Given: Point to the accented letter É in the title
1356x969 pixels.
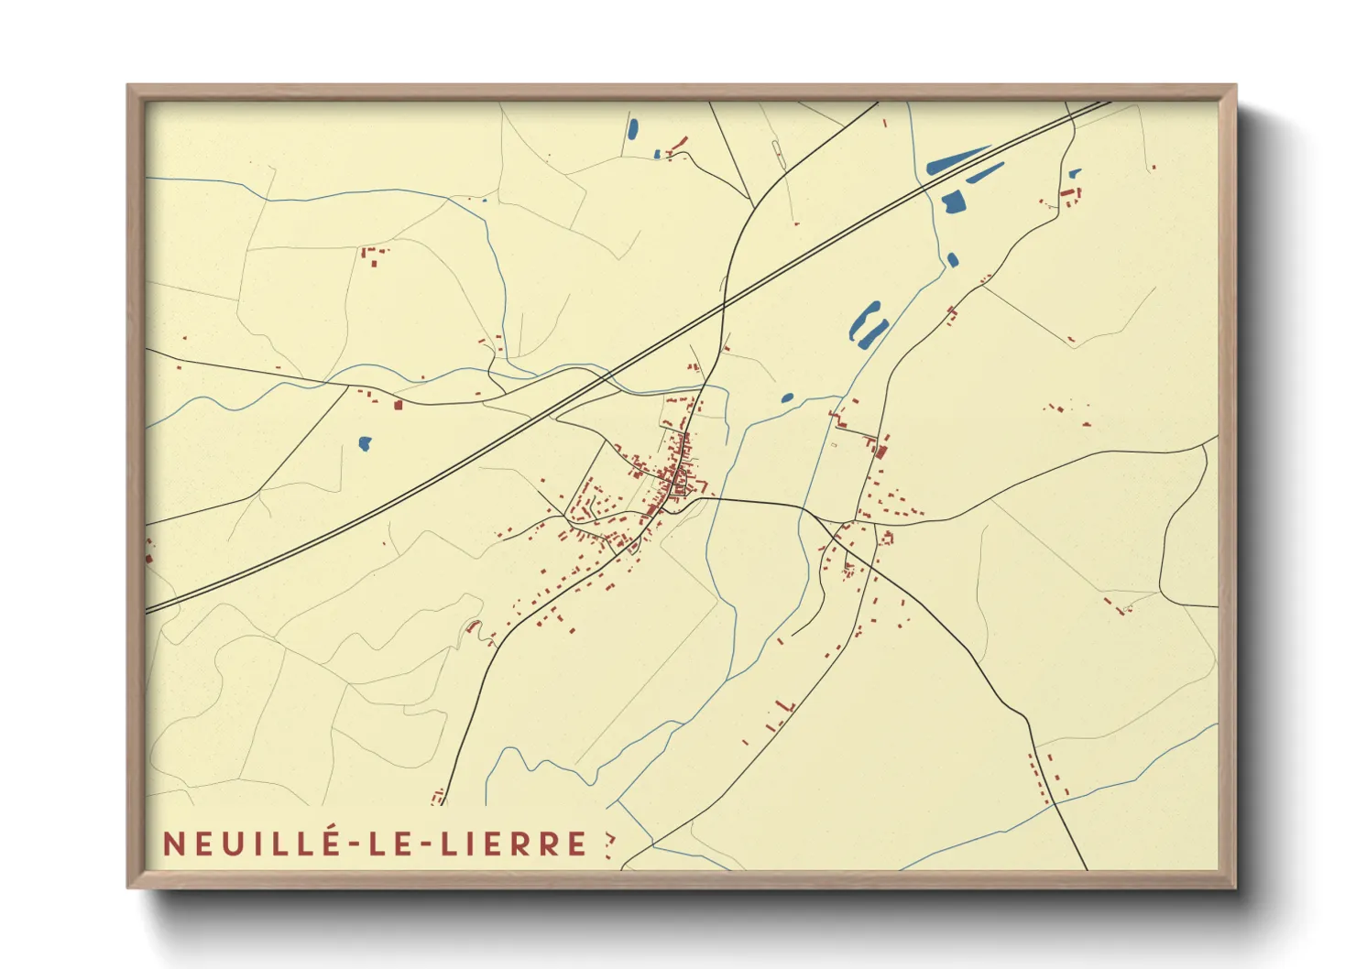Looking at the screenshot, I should (331, 842).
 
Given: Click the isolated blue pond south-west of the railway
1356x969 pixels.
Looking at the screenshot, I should (365, 444).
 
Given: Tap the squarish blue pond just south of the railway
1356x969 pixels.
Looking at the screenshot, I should (954, 201).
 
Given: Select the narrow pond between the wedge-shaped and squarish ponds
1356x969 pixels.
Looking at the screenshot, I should (986, 173).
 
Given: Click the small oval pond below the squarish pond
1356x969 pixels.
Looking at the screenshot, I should (952, 260).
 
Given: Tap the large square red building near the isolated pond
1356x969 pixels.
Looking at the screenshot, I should (398, 404).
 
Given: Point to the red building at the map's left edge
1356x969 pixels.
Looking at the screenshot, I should (148, 556).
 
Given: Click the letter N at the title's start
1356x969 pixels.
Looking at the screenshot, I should (171, 844).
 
